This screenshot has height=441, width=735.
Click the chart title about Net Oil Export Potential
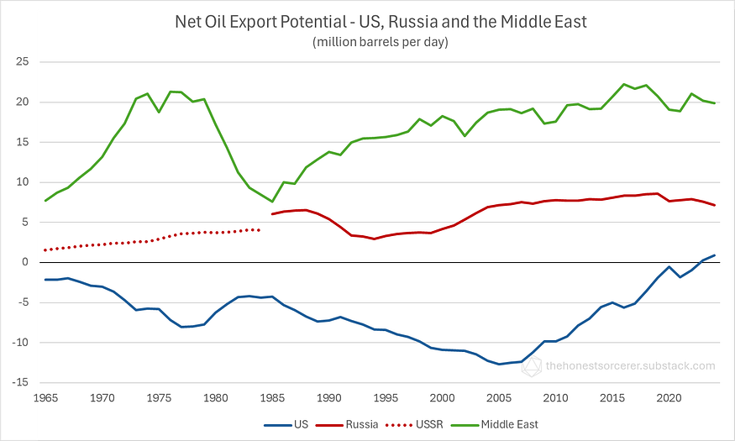pyautogui.click(x=380, y=22)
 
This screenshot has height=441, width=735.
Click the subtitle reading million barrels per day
pyautogui.click(x=380, y=41)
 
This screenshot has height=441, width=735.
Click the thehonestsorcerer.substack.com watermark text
pyautogui.click(x=630, y=365)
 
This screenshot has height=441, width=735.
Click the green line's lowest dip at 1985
pyautogui.click(x=272, y=202)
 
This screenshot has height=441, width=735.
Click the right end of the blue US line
pyautogui.click(x=714, y=255)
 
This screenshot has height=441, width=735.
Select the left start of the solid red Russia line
pyautogui.click(x=272, y=214)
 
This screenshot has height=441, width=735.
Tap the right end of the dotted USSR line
pyautogui.click(x=260, y=229)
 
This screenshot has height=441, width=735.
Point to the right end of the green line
pyautogui.click(x=714, y=103)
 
